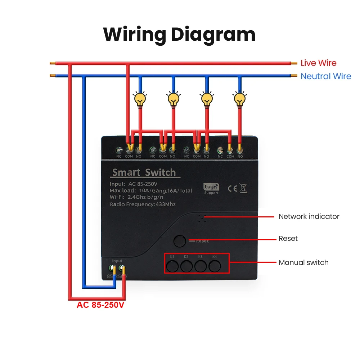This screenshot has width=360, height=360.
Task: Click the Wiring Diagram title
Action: click(179, 35)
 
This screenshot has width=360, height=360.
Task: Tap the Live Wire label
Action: click(318, 63)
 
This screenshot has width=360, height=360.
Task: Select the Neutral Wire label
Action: click(325, 76)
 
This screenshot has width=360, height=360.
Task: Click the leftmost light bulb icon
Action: click(140, 99)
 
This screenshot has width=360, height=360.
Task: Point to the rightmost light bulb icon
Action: click(239, 99)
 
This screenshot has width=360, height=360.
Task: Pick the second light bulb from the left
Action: click(174, 99)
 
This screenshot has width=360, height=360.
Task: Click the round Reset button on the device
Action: click(180, 241)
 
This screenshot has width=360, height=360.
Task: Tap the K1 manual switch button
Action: click(172, 266)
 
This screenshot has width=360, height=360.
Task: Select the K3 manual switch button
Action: click(201, 266)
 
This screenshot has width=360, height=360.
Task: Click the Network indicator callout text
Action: click(309, 216)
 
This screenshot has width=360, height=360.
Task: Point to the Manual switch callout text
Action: click(303, 262)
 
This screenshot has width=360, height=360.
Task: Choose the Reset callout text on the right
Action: click(288, 238)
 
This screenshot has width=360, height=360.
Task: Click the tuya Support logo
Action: click(211, 189)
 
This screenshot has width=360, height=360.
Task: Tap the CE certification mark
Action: click(233, 188)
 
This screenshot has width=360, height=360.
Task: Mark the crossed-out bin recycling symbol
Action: click(243, 188)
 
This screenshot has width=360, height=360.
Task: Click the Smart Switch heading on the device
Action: click(144, 172)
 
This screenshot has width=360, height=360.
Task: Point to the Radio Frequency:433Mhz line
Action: click(143, 204)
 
